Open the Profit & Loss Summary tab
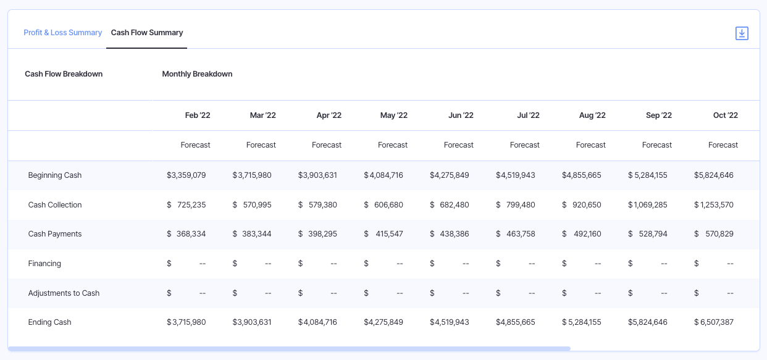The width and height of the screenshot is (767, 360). (x=62, y=33)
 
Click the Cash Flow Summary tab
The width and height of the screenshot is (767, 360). (x=147, y=33)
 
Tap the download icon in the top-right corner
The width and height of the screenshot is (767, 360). (x=742, y=33)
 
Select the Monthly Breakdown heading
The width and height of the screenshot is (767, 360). (x=197, y=74)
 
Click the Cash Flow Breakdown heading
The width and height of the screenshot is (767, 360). (x=64, y=74)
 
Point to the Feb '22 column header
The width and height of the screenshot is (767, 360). (x=198, y=115)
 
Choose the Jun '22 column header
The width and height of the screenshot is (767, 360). (x=461, y=115)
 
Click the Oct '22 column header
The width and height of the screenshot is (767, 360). (x=725, y=115)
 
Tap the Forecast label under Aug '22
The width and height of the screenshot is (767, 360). (x=590, y=145)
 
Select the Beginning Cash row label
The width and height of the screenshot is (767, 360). (x=55, y=175)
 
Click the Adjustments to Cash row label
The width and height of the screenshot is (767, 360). (x=64, y=293)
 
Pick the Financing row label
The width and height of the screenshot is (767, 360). (x=44, y=264)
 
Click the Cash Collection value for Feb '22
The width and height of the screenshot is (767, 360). (x=187, y=205)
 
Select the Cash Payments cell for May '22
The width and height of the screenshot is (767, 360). (x=383, y=234)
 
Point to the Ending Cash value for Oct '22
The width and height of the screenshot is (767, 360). (x=714, y=322)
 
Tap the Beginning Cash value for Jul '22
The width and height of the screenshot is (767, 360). (x=516, y=175)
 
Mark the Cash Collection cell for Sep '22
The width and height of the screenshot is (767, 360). (x=648, y=205)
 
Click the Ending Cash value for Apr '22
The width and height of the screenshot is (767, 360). (x=317, y=322)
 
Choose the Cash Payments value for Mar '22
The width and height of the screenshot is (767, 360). (x=252, y=234)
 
